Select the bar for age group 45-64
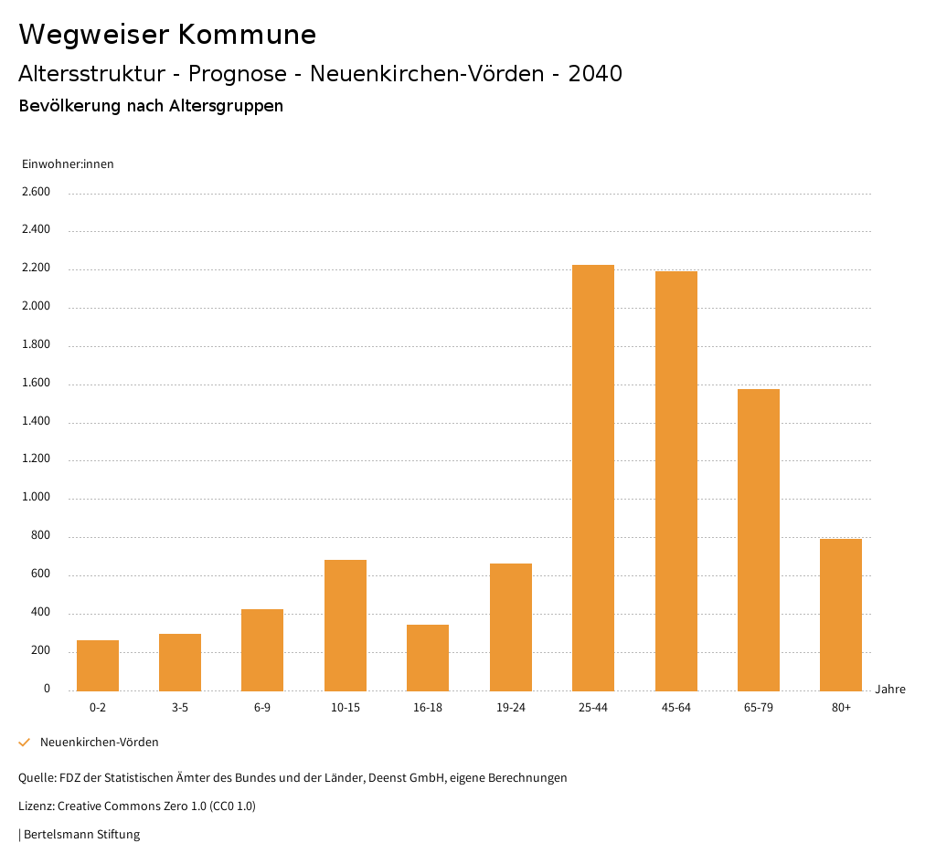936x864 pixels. [x=675, y=480]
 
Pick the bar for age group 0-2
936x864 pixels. [x=98, y=665]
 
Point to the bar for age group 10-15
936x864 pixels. [x=346, y=625]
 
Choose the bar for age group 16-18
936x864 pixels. [x=428, y=658]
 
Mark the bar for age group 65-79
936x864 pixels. [x=759, y=540]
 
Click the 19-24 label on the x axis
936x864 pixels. [x=511, y=708]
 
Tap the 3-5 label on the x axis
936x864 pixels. [x=180, y=708]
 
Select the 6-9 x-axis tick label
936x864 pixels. [x=262, y=708]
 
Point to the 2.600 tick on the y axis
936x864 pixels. [x=36, y=192]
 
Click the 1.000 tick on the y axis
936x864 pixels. [x=36, y=498]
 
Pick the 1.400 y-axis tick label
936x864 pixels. [x=36, y=421]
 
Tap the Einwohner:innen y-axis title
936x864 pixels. [x=68, y=164]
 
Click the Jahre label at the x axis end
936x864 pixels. [x=890, y=690]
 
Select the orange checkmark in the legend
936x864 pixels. [x=25, y=743]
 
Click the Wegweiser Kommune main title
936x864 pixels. [x=167, y=35]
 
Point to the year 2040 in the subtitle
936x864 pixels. [x=595, y=74]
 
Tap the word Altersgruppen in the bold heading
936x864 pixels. [x=226, y=106]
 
